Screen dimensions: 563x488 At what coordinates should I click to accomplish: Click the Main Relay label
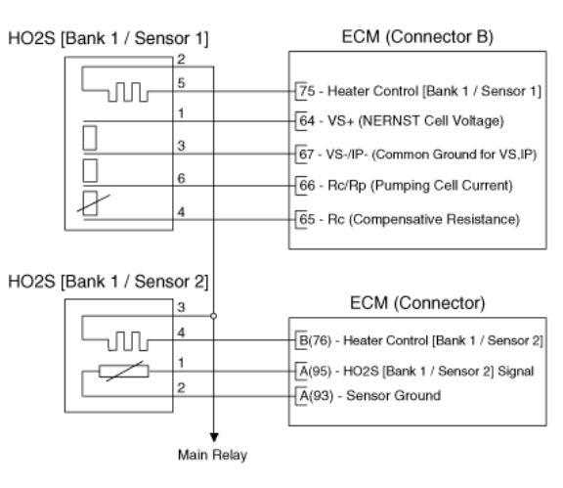point(212,455)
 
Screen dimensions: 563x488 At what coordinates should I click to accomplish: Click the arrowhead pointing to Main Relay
point(214,437)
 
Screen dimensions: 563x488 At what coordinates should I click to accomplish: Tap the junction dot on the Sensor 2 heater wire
point(214,316)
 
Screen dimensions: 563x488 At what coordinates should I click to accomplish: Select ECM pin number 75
point(307,91)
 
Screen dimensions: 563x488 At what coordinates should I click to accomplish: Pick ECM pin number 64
point(307,120)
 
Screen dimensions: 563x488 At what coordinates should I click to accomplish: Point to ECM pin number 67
point(307,155)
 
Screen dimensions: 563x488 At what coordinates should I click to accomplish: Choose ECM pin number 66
point(307,186)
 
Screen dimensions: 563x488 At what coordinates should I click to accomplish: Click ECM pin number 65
point(307,219)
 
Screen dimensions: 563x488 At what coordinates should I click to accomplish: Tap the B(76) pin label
point(316,340)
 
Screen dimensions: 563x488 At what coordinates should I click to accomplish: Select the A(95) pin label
point(316,371)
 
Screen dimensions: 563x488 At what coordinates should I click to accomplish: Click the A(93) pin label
point(316,396)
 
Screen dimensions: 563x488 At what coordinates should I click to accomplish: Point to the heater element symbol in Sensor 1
point(128,92)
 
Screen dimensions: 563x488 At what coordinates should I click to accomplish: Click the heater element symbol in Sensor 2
point(128,340)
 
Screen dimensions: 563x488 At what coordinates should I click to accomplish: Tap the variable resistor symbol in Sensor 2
point(124,371)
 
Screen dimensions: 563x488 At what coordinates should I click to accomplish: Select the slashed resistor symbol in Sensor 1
point(92,203)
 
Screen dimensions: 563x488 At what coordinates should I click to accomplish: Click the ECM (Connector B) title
point(417,36)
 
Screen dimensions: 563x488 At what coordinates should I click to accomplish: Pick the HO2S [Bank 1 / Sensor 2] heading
point(108,282)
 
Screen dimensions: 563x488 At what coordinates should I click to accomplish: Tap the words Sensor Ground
point(394,395)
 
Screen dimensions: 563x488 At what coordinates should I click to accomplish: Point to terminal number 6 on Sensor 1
point(182,178)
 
